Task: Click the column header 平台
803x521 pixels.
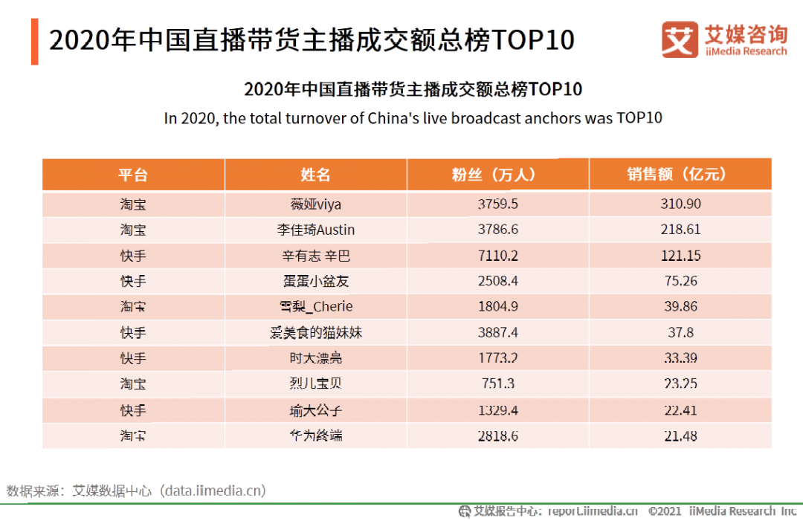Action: pyautogui.click(x=133, y=175)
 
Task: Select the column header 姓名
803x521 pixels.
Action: pyautogui.click(x=315, y=175)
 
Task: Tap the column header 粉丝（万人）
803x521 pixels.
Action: pyautogui.click(x=497, y=175)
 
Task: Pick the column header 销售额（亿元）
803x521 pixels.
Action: pyautogui.click(x=680, y=175)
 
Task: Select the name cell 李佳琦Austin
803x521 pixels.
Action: pyautogui.click(x=315, y=230)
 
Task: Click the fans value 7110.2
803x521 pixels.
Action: pyautogui.click(x=497, y=256)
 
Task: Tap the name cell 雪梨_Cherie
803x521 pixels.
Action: pyautogui.click(x=315, y=307)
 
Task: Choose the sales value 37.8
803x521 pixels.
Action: pyautogui.click(x=680, y=333)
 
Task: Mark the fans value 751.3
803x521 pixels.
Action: pyautogui.click(x=497, y=384)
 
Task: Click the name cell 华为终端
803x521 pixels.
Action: pyautogui.click(x=315, y=436)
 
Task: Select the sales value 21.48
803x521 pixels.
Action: pyautogui.click(x=680, y=436)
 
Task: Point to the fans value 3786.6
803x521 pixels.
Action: pyautogui.click(x=497, y=230)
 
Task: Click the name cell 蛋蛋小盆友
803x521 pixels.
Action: pyautogui.click(x=315, y=282)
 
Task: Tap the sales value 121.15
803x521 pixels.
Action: pyautogui.click(x=680, y=256)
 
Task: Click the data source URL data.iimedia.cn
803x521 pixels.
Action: pyautogui.click(x=215, y=491)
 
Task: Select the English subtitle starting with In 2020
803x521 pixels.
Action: pyautogui.click(x=413, y=118)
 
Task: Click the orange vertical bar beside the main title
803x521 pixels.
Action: pyautogui.click(x=34, y=42)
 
